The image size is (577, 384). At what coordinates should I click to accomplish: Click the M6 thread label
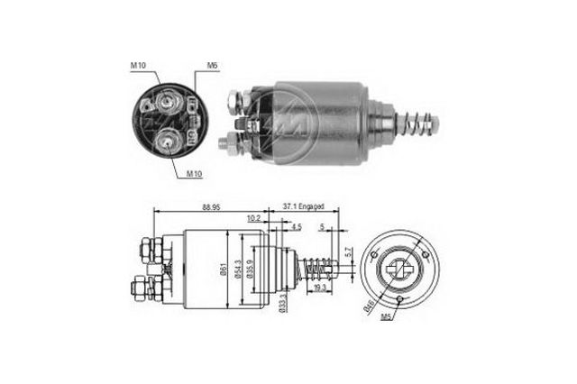tap(213, 65)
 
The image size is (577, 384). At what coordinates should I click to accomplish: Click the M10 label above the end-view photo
tap(137, 65)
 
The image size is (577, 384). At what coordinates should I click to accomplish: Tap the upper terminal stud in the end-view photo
tap(166, 100)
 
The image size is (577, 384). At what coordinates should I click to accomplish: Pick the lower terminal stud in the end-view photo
tap(169, 138)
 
